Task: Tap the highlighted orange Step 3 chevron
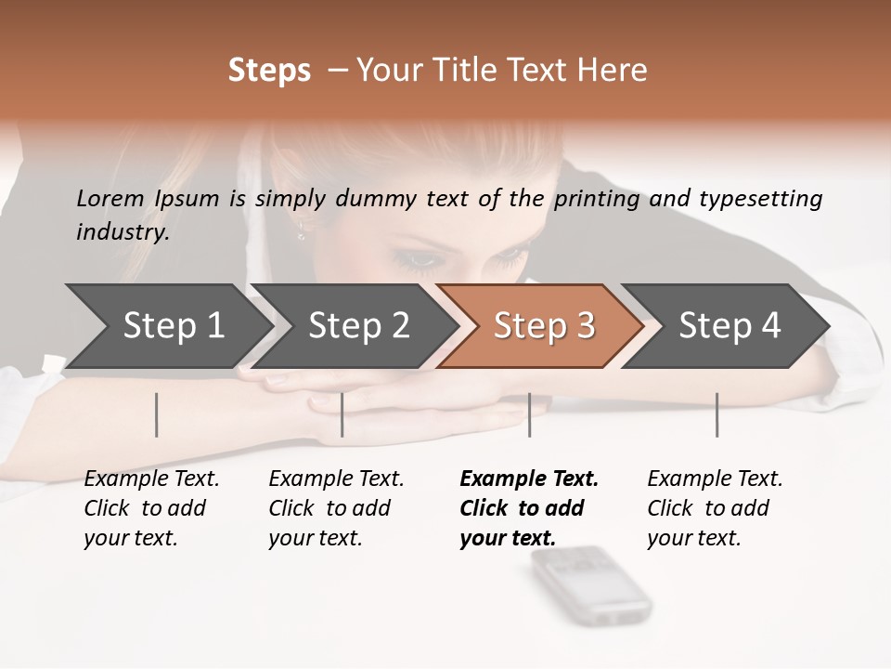pyautogui.click(x=544, y=326)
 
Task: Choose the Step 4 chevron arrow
pyautogui.click(x=730, y=326)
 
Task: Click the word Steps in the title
pyautogui.click(x=269, y=71)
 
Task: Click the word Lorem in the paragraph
pyautogui.click(x=110, y=198)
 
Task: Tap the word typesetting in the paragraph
pyautogui.click(x=760, y=198)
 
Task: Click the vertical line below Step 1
pyautogui.click(x=157, y=414)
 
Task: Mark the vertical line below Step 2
pyautogui.click(x=342, y=414)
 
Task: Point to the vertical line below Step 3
pyautogui.click(x=529, y=414)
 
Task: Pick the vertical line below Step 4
pyautogui.click(x=717, y=414)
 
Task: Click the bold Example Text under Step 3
pyautogui.click(x=529, y=479)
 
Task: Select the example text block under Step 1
pyautogui.click(x=151, y=508)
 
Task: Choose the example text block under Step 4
pyautogui.click(x=715, y=508)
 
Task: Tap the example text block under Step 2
pyautogui.click(x=336, y=508)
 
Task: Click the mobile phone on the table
pyautogui.click(x=590, y=584)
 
